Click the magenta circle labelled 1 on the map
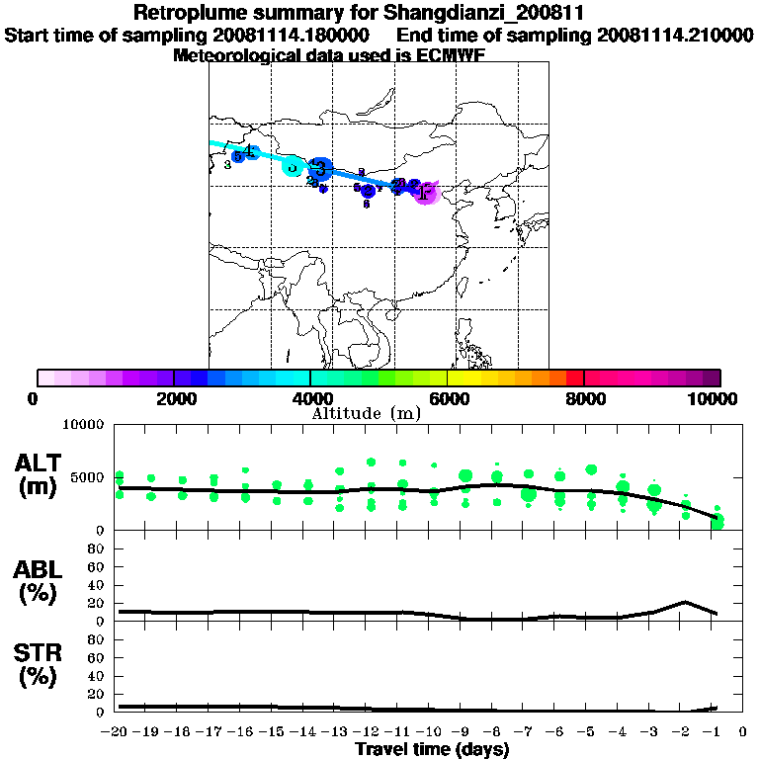(x=425, y=193)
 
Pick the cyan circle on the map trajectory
(x=293, y=166)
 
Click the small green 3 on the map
(x=227, y=165)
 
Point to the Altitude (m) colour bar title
(x=366, y=413)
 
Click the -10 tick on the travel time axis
(x=433, y=732)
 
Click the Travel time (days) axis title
(x=432, y=749)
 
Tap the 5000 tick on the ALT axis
(x=88, y=477)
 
